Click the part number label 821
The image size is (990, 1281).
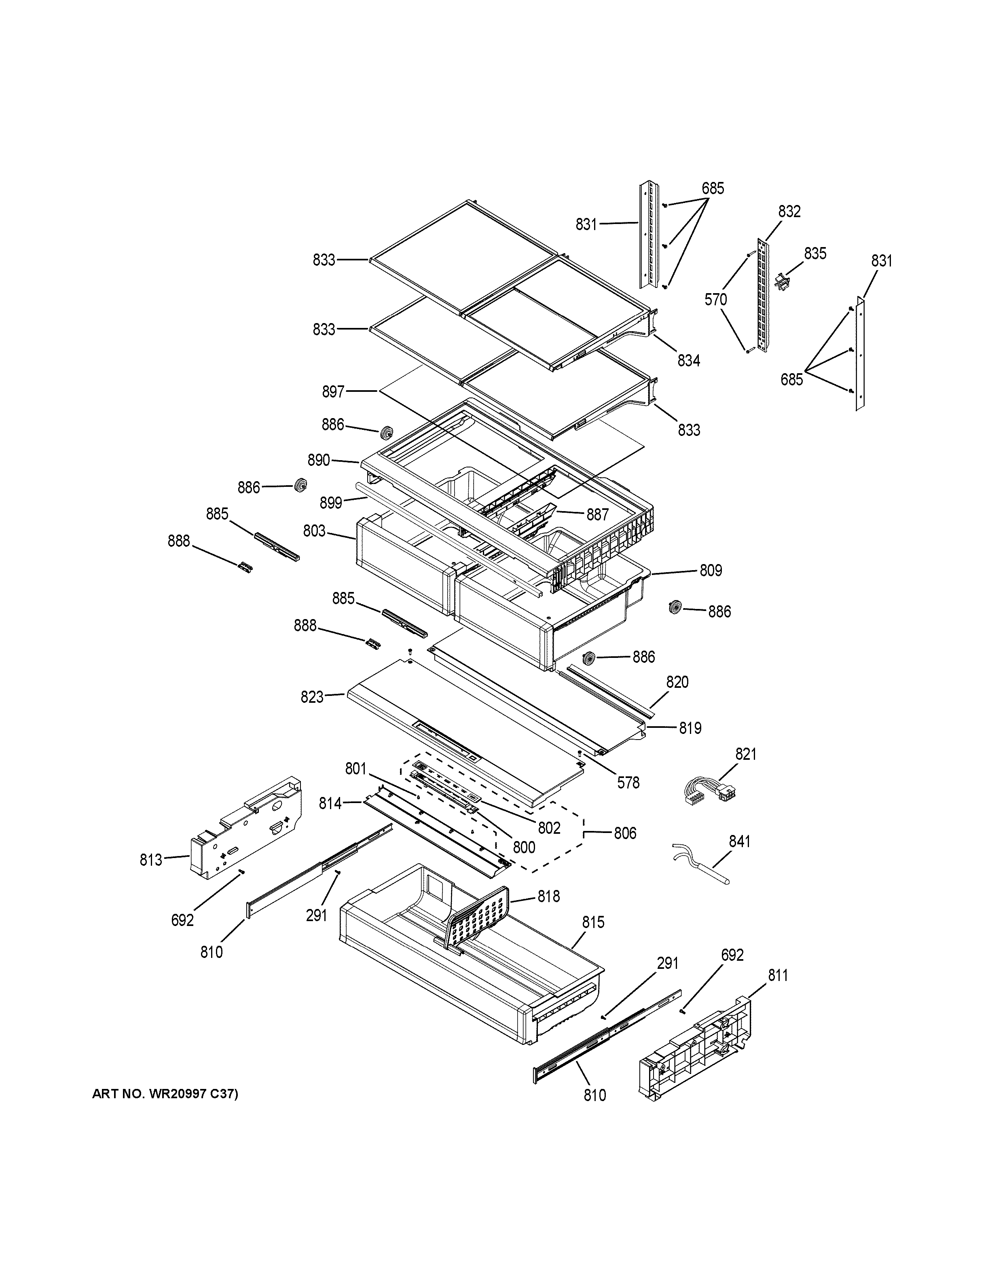(745, 754)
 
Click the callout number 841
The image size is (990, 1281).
(739, 842)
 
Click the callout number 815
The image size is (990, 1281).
(593, 923)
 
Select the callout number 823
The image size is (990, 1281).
(312, 697)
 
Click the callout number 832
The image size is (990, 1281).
(789, 211)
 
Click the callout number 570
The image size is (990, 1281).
(715, 300)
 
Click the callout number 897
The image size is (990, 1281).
(333, 392)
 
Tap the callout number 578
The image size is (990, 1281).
(628, 782)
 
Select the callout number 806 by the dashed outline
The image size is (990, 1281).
(625, 833)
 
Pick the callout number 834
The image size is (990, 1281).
(689, 361)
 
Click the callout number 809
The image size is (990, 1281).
(710, 570)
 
